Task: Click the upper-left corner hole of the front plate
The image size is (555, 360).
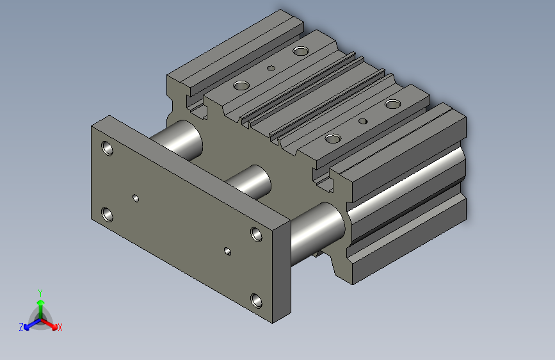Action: click(x=108, y=149)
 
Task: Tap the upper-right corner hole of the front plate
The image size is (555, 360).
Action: click(x=257, y=234)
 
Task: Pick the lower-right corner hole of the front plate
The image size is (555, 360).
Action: click(x=256, y=300)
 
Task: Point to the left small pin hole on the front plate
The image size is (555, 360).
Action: click(x=136, y=198)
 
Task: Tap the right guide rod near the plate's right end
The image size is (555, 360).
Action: click(x=318, y=230)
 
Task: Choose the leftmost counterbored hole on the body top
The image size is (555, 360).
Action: click(x=241, y=85)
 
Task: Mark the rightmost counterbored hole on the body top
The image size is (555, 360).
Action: click(x=392, y=103)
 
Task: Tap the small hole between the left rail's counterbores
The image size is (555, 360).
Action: click(x=271, y=67)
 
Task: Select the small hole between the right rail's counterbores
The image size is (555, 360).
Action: click(x=364, y=120)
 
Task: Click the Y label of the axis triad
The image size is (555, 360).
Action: click(x=40, y=291)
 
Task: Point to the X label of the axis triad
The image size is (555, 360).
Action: click(x=60, y=327)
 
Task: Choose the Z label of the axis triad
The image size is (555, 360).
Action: click(x=21, y=327)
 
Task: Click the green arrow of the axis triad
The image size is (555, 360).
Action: click(x=40, y=304)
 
